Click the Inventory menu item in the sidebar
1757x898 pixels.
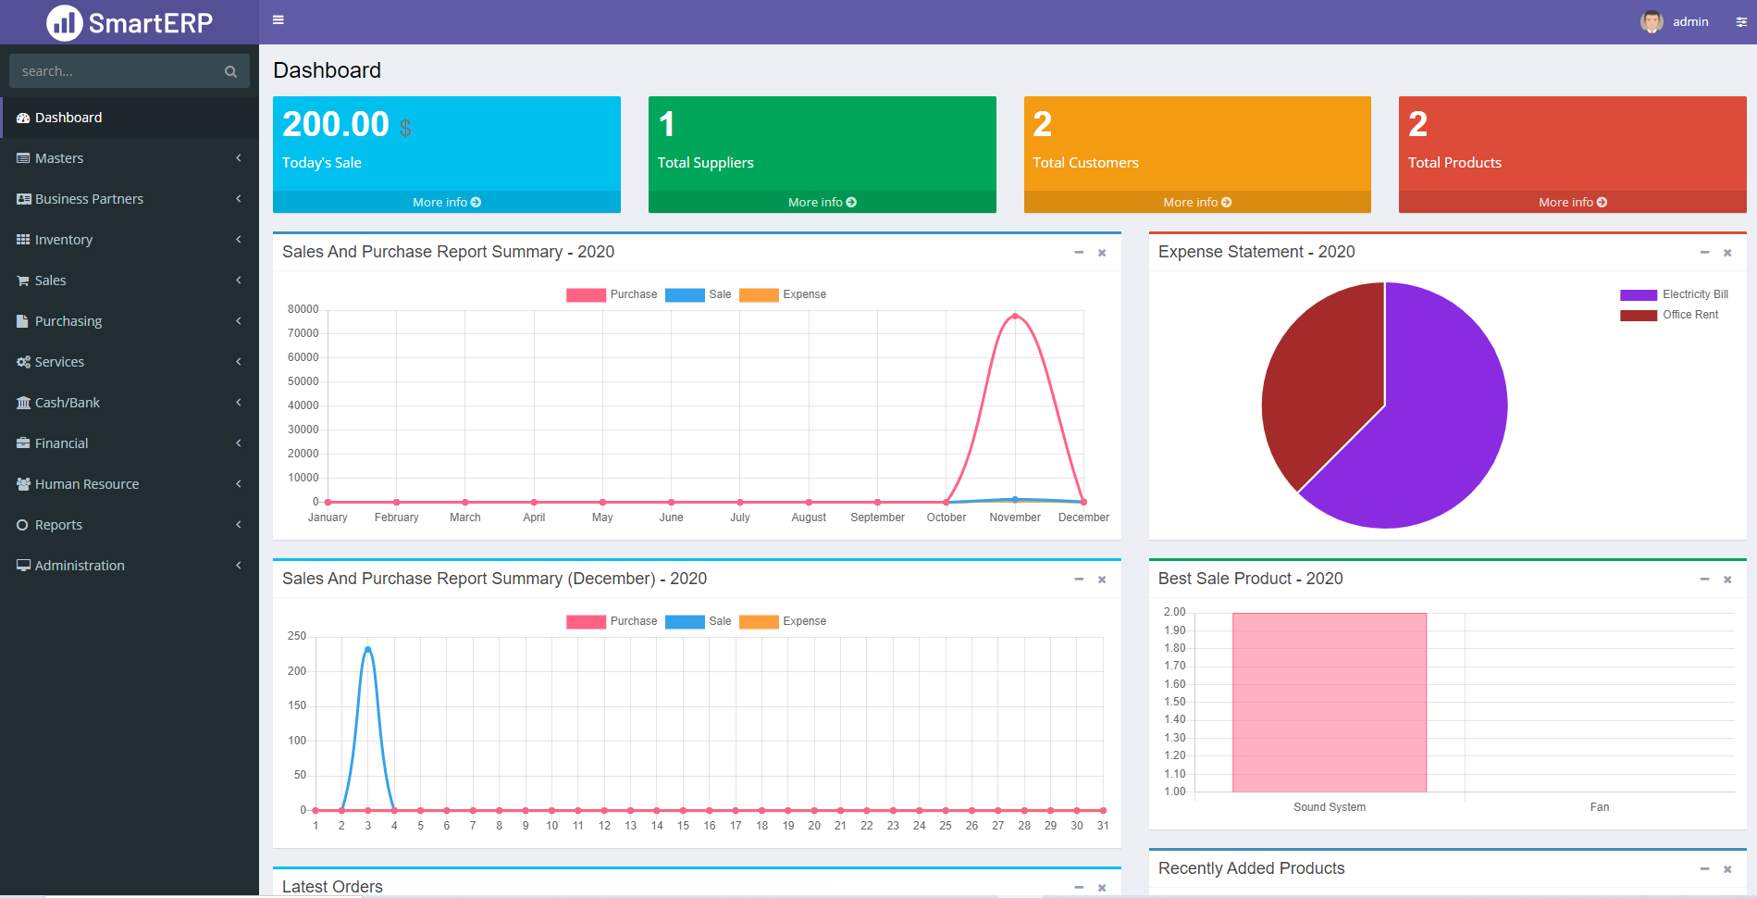[64, 240]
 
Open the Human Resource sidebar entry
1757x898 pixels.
[86, 484]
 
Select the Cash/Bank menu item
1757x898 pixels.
[67, 403]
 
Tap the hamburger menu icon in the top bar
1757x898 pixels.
[278, 20]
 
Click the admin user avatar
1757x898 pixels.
[1651, 21]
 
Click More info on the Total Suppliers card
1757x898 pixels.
[822, 202]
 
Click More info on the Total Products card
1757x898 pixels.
[1572, 202]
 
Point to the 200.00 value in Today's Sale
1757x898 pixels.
[336, 124]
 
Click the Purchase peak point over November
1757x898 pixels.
[1015, 317]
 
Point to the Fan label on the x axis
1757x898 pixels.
[1599, 807]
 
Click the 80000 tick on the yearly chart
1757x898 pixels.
[303, 309]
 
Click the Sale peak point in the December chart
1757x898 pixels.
[368, 649]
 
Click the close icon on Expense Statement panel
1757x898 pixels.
[1726, 253]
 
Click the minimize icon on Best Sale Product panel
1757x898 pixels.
[1704, 580]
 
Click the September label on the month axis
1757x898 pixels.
[877, 518]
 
